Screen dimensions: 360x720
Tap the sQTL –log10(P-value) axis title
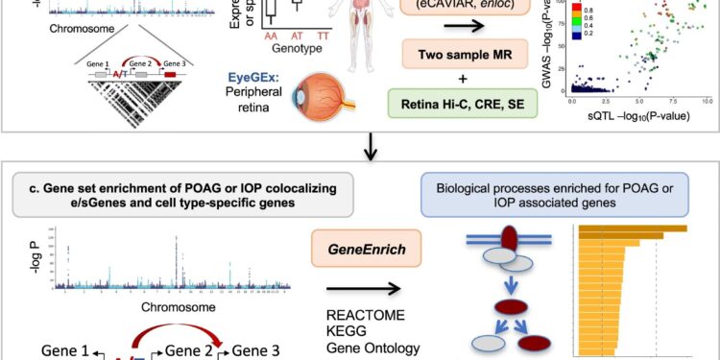point(637,114)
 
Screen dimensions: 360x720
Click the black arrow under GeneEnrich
point(362,287)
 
